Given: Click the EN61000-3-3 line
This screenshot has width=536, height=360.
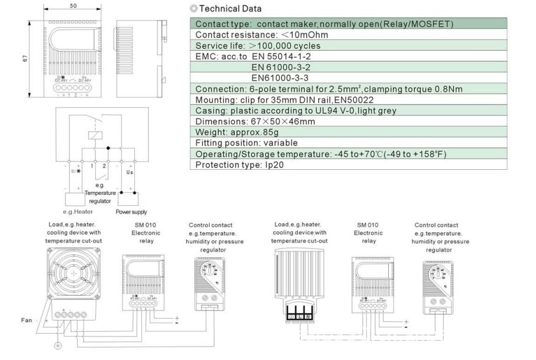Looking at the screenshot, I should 280,78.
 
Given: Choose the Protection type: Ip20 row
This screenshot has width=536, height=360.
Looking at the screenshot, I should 234,165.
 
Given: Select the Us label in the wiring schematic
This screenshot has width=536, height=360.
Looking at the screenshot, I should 130,173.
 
